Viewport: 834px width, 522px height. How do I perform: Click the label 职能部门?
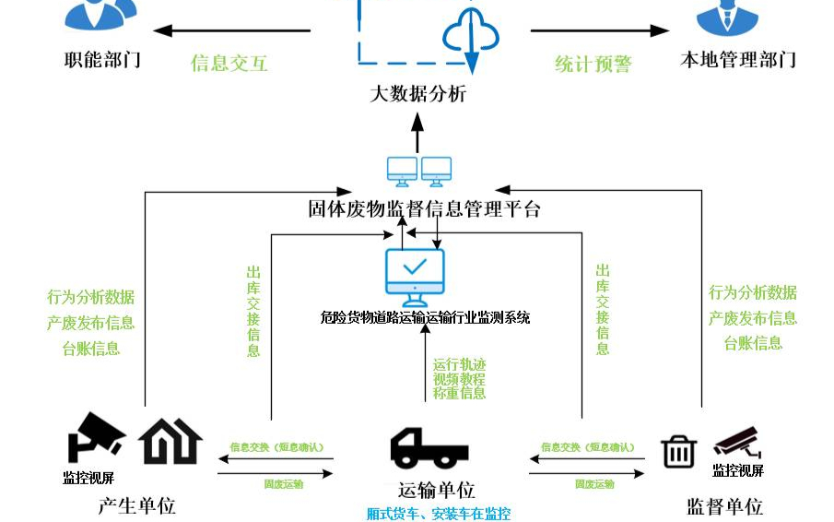coord(102,61)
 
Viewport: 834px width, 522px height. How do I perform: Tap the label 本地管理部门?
coord(737,61)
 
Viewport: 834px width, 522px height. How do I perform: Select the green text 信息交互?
coord(229,64)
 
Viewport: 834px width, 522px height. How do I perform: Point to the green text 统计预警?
coord(593,64)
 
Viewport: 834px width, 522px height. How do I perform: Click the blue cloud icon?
coord(471,36)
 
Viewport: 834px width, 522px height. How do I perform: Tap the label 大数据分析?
coord(417,94)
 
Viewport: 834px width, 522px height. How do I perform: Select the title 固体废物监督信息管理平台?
coord(424,208)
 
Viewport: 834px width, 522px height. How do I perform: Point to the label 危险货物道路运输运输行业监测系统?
coord(425,318)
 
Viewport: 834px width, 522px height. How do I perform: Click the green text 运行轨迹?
coord(459,364)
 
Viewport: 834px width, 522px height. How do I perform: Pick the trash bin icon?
coord(678,451)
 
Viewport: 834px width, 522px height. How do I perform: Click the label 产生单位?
coord(136,505)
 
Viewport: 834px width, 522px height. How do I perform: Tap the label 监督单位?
coord(724,506)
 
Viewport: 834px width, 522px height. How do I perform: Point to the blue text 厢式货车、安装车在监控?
coord(438,514)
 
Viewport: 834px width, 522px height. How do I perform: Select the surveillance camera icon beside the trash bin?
coord(737,442)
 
